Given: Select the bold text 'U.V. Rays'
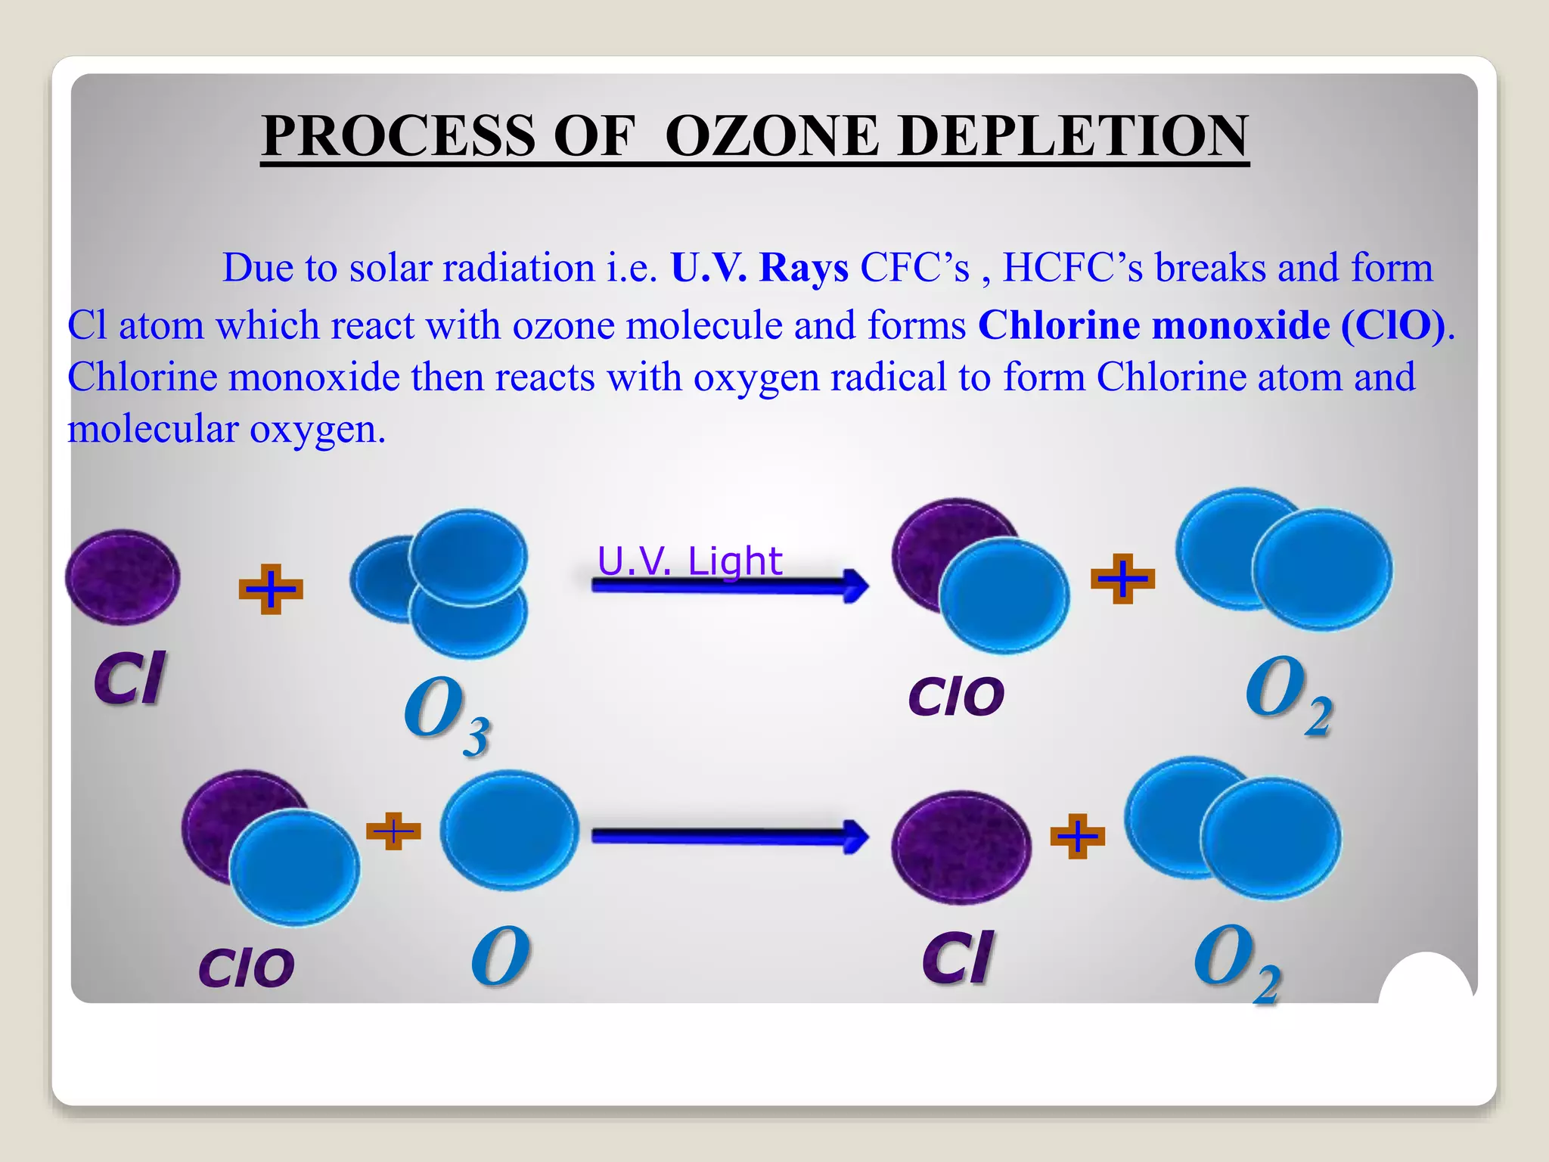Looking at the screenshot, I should [x=759, y=268].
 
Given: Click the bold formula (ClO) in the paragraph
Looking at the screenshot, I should [x=1392, y=325].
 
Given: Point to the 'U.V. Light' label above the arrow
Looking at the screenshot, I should [x=689, y=561].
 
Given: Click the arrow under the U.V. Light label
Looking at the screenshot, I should [x=730, y=586].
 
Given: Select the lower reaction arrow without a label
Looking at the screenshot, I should [x=730, y=836].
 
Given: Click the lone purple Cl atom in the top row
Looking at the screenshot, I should [x=123, y=577].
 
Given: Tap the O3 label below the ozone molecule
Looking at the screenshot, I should [x=446, y=713].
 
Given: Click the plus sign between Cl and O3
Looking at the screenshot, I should [x=271, y=589].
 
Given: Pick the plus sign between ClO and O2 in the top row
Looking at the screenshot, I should [x=1122, y=579].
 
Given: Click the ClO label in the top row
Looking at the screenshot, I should [x=956, y=696].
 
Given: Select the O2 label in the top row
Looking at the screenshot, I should [x=1288, y=693].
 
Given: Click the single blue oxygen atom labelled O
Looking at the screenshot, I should [x=509, y=830].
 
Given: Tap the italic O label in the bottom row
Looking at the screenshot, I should [x=500, y=957].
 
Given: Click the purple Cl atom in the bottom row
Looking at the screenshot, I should [x=961, y=847].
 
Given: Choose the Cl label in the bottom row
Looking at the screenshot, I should [x=958, y=958].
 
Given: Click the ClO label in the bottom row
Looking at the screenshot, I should [x=247, y=968].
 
